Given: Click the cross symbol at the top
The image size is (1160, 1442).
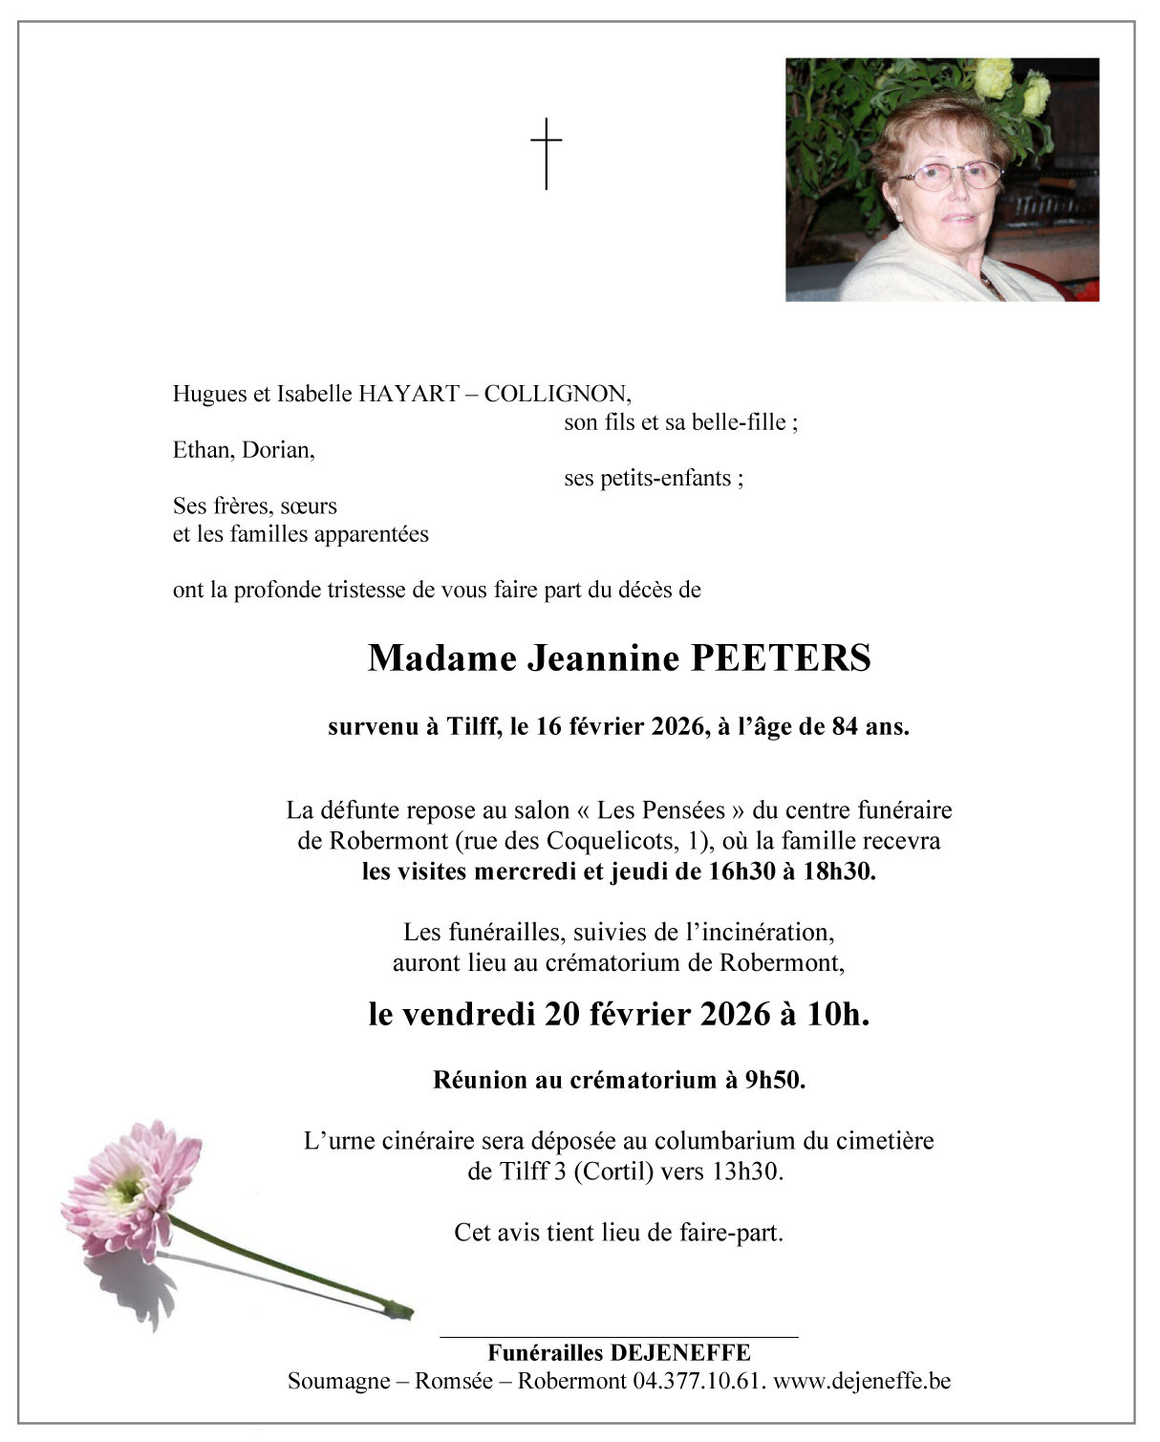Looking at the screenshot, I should [x=546, y=153].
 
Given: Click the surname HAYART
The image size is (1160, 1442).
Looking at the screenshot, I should [x=408, y=394].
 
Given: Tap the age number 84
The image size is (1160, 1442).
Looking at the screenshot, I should [x=845, y=726].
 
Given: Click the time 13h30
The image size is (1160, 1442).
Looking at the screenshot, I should [x=746, y=1171].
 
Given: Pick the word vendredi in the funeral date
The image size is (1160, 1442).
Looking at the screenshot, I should [x=467, y=1014].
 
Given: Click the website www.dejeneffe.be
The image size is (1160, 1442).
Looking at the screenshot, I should [x=861, y=1381].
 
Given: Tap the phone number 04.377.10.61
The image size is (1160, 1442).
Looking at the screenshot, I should [x=698, y=1381].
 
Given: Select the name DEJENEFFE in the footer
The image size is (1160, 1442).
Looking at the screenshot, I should [x=679, y=1353].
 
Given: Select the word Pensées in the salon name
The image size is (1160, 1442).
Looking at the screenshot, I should [x=660, y=810].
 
